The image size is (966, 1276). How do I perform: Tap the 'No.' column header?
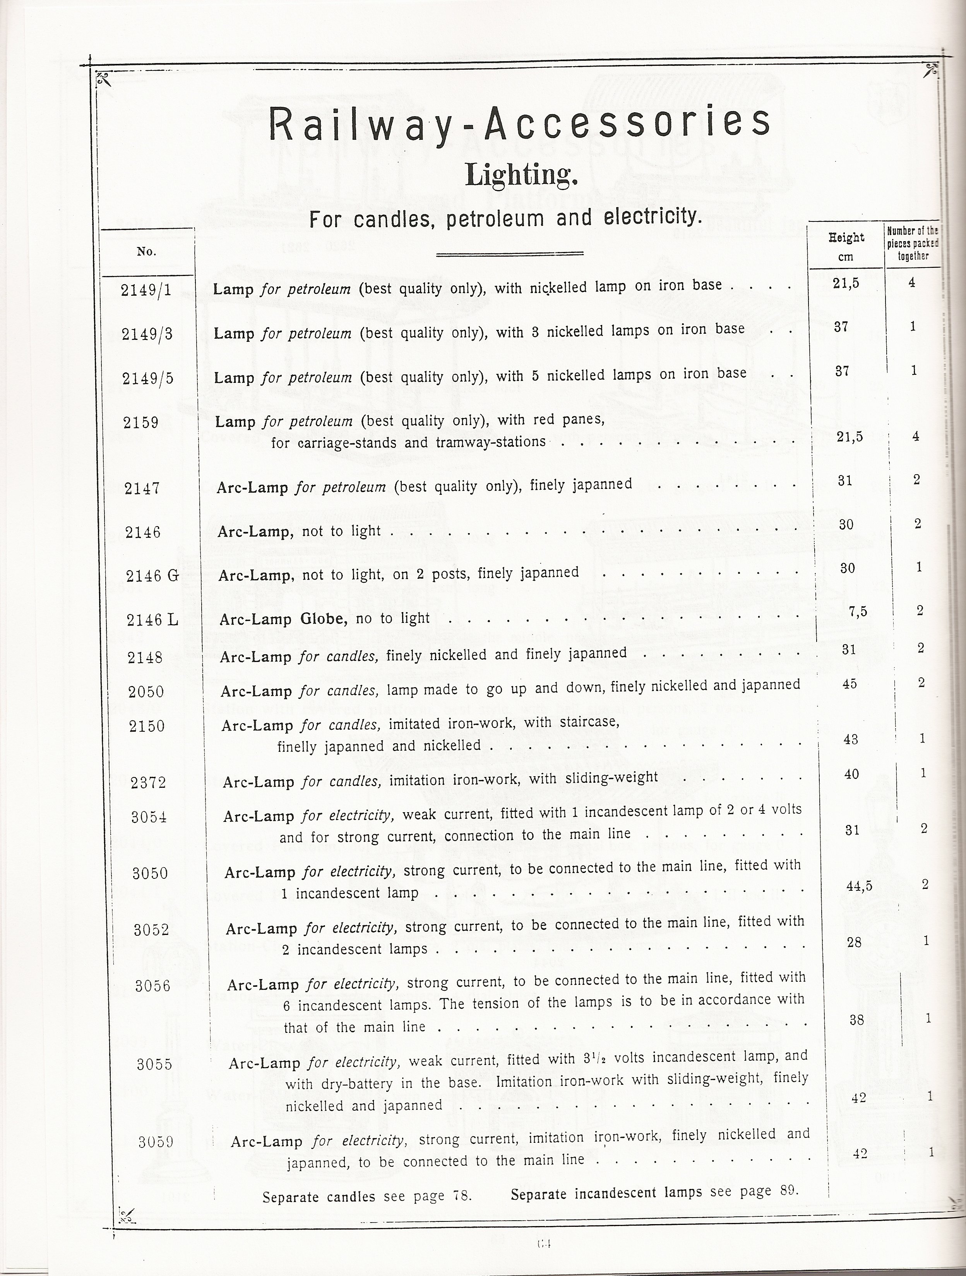pos(146,252)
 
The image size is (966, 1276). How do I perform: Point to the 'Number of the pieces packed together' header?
pos(913,243)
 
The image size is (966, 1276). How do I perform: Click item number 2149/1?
pos(146,290)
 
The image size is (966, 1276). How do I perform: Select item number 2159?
pos(141,422)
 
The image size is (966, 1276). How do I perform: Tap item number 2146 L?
pos(152,620)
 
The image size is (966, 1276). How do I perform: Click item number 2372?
pos(148,782)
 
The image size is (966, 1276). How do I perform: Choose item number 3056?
pos(153,986)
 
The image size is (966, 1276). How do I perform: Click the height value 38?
pos(857,1020)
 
